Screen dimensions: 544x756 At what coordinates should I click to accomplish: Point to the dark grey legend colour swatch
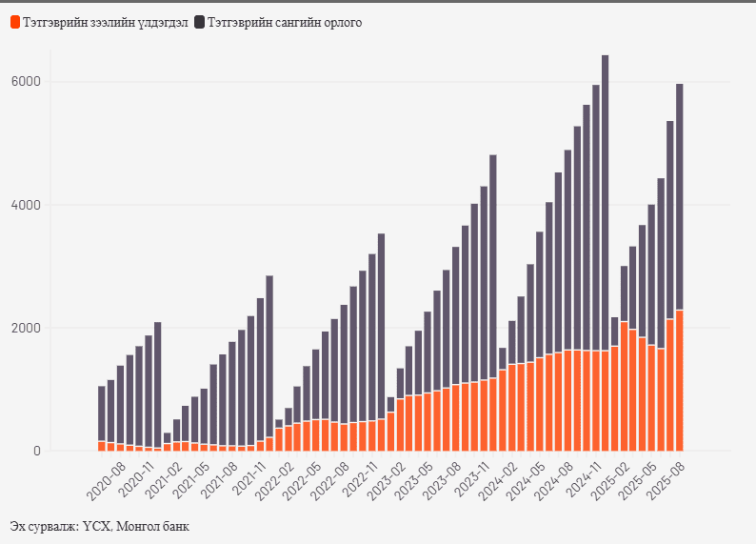(x=200, y=22)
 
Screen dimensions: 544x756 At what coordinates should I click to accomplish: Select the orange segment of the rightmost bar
(x=680, y=381)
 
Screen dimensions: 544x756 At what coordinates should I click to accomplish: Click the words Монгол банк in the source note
(x=153, y=527)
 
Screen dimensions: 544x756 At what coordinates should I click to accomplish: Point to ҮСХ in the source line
(x=97, y=527)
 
